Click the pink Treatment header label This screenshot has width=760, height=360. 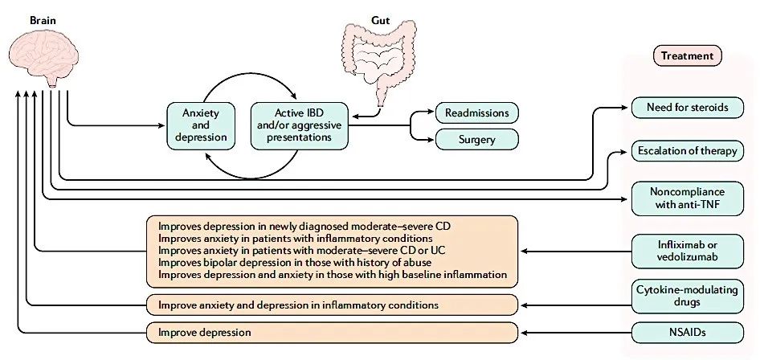687,56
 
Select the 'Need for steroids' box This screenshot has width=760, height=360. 687,108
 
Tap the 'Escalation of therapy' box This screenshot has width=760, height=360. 687,151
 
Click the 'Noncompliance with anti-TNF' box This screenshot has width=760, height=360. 687,198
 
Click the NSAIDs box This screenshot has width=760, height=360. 687,331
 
